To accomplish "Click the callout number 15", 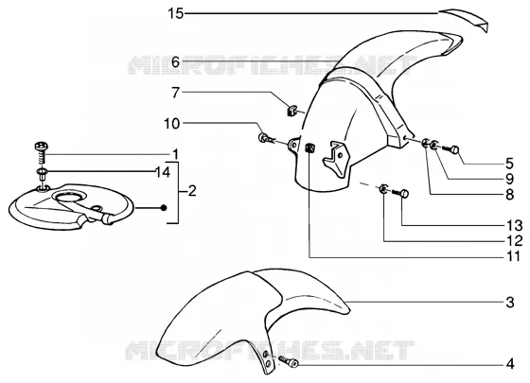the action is pos(175,14).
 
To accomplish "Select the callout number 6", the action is pos(175,62).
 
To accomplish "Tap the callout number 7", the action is pos(175,93).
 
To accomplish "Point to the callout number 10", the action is pos(171,124).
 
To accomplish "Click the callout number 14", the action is pos(163,172).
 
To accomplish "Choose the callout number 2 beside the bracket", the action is pos(191,191).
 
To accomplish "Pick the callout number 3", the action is pos(510,303).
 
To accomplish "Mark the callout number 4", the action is pos(510,364).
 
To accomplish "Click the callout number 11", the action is pos(514,256).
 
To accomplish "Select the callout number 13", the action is pos(515,225).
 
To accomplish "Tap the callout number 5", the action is pos(510,164).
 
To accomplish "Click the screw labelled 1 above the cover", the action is pos(42,152).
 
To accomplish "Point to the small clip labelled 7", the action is pos(291,110).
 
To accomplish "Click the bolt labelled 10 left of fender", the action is pos(266,138).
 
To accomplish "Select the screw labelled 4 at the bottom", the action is pos(289,361).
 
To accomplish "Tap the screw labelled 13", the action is pos(401,194).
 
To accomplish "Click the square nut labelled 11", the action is pos(309,148).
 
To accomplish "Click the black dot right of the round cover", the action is pos(164,208).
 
